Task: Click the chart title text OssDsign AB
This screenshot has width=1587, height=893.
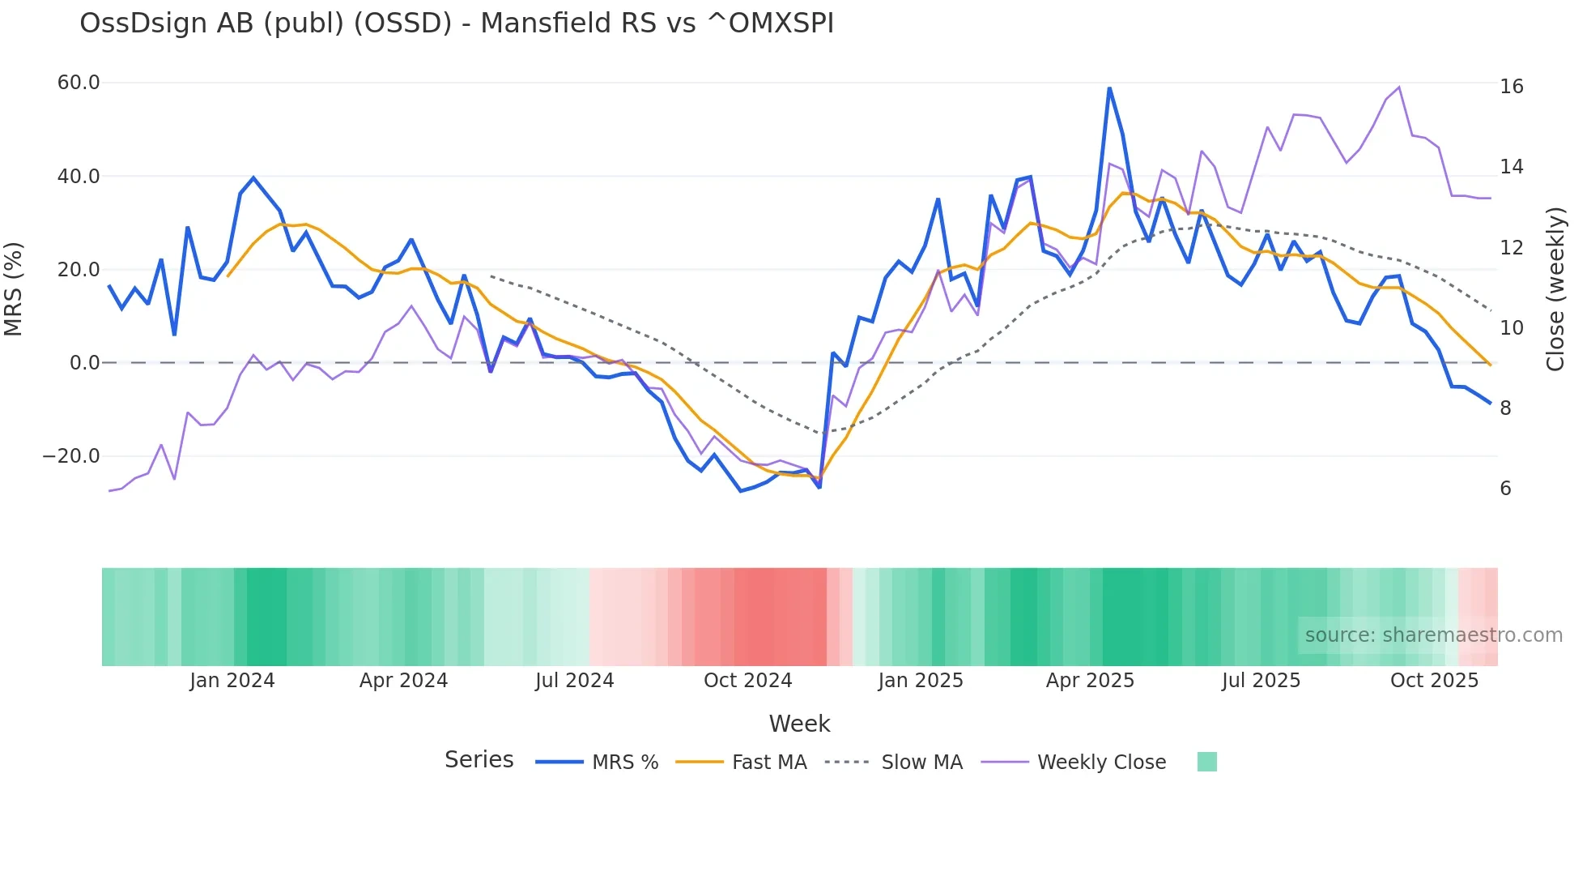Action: [456, 23]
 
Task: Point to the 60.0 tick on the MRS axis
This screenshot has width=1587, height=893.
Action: [79, 83]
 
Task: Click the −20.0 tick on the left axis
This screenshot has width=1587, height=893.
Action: [71, 456]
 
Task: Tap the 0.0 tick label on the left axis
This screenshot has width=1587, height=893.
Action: [84, 363]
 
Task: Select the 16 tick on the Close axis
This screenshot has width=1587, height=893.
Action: [1511, 87]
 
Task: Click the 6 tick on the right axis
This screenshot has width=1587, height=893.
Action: [1505, 489]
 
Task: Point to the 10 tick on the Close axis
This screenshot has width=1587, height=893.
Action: [1511, 328]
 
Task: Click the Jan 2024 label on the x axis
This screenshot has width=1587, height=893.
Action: [232, 681]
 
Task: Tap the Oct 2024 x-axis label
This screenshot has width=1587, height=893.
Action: [747, 681]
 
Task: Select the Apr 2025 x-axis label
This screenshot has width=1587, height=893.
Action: [1090, 681]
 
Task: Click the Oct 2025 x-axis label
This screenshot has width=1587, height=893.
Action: [1434, 681]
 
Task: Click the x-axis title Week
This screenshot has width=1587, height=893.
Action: [799, 724]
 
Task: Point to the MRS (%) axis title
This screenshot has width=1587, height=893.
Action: [14, 289]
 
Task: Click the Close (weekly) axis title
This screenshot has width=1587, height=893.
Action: [1555, 289]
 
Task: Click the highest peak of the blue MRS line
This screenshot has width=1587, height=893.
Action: [1109, 88]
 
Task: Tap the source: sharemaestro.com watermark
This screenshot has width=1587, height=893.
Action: [1433, 635]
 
